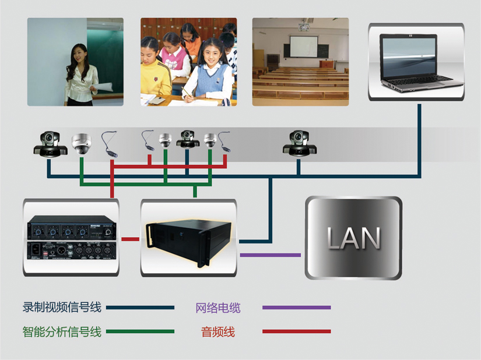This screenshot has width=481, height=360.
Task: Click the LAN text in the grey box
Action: tap(354, 238)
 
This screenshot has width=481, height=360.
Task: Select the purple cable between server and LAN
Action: tap(271, 255)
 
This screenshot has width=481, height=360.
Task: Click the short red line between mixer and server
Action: tap(131, 239)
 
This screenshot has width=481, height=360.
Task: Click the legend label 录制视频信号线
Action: tap(62, 307)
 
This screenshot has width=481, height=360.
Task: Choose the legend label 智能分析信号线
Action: tap(62, 331)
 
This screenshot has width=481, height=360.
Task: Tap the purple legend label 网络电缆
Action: tap(218, 308)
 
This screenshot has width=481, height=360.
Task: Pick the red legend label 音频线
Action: tap(218, 332)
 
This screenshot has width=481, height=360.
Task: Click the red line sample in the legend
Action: tap(297, 331)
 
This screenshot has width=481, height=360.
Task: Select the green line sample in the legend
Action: tap(140, 331)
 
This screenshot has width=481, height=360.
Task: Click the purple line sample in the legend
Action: tap(297, 308)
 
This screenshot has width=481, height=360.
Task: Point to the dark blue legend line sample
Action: tap(140, 308)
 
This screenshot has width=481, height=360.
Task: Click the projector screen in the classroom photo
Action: tap(304, 47)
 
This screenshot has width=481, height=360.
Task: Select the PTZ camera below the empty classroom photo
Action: tap(300, 143)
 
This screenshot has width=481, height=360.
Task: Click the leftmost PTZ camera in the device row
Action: tap(50, 144)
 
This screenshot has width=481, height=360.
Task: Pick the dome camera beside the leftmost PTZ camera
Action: tap(81, 143)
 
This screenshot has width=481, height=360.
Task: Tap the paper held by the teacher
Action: tap(104, 87)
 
